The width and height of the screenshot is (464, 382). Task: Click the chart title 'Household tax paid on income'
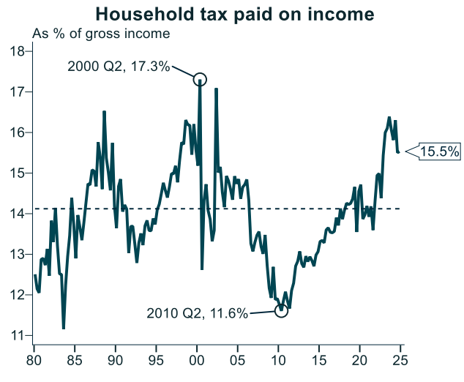(235, 14)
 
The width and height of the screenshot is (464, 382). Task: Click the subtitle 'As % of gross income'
(100, 34)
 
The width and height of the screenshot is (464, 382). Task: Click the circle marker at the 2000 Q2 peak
(200, 79)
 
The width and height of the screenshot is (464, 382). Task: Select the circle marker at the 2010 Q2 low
(281, 311)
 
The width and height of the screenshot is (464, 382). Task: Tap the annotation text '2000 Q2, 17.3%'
(119, 67)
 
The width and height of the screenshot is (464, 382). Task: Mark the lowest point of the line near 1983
(64, 328)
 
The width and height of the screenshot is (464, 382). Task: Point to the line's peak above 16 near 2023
(389, 118)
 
